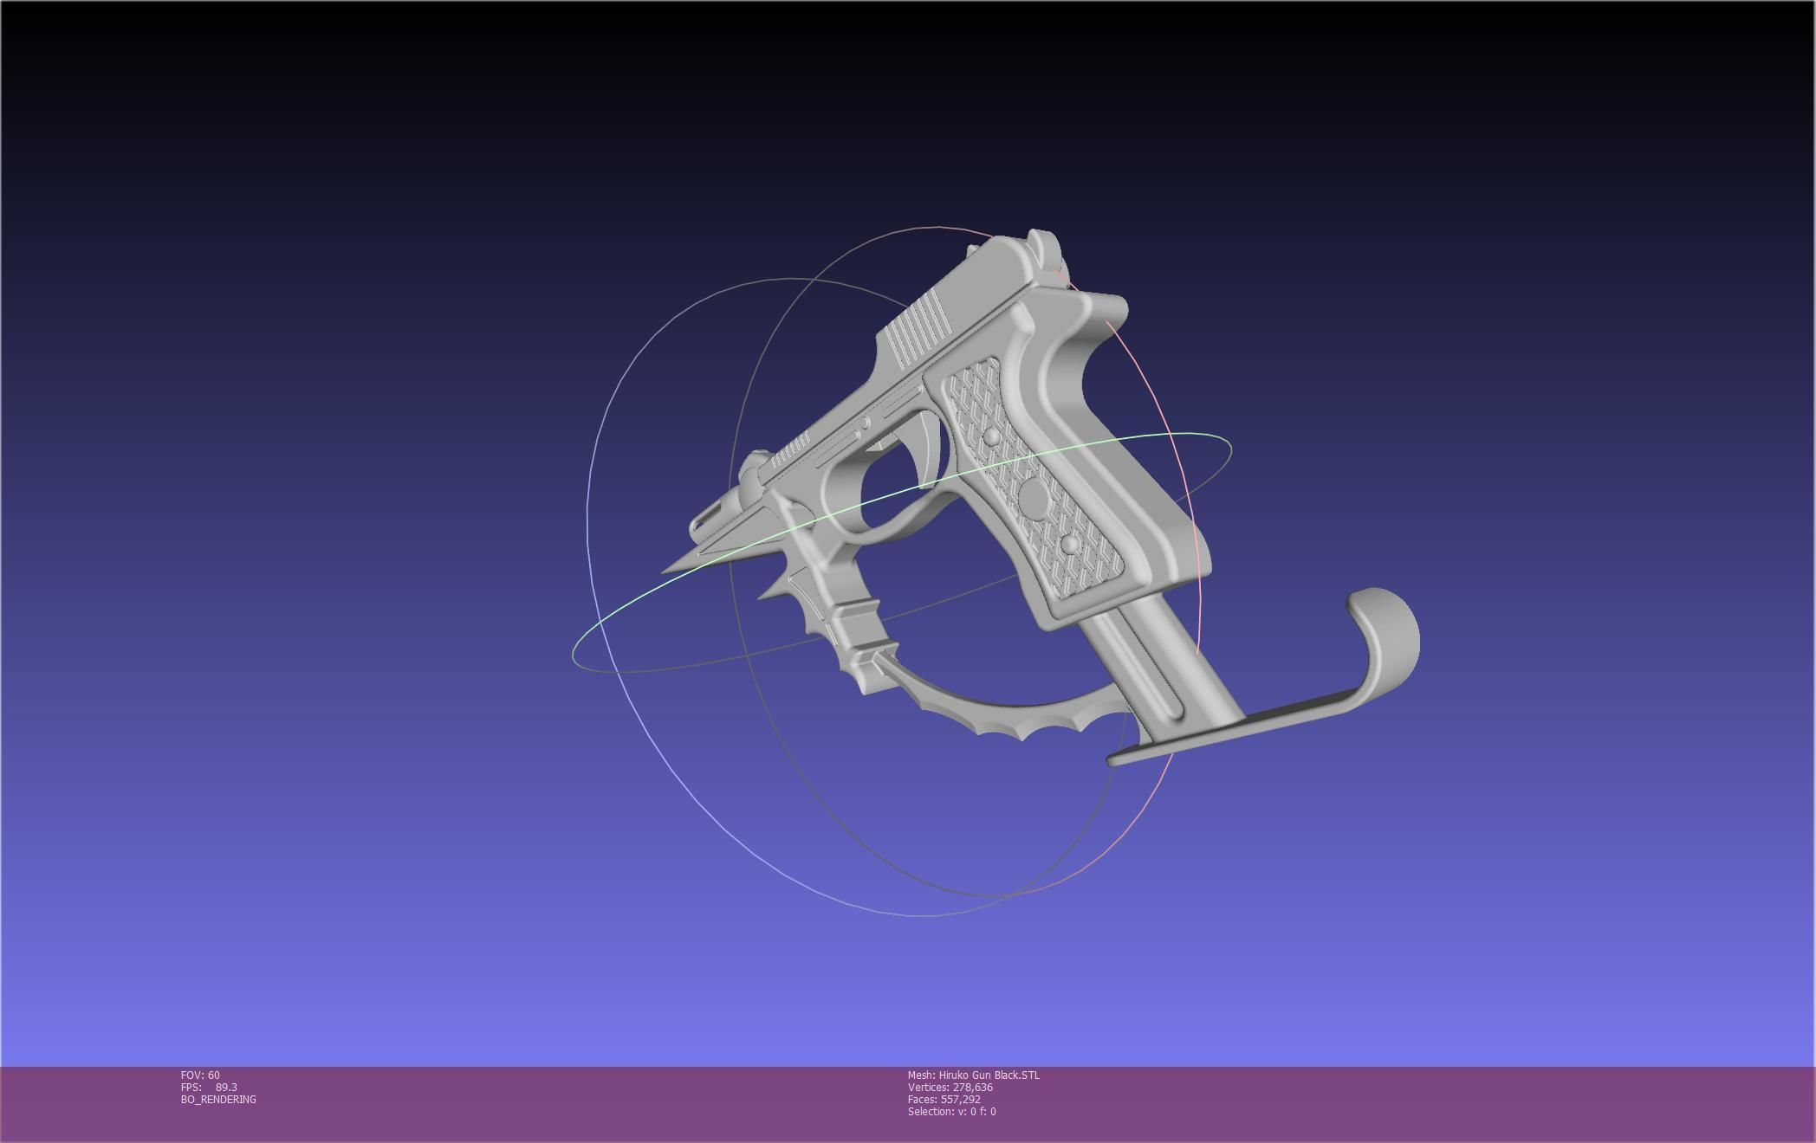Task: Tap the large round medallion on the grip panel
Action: click(1034, 497)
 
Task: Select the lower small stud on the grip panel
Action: click(1070, 544)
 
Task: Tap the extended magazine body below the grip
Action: click(1152, 658)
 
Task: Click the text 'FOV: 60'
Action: click(200, 1075)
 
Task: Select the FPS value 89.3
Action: click(225, 1088)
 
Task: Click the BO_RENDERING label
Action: click(218, 1100)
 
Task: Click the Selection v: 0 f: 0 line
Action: click(951, 1112)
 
